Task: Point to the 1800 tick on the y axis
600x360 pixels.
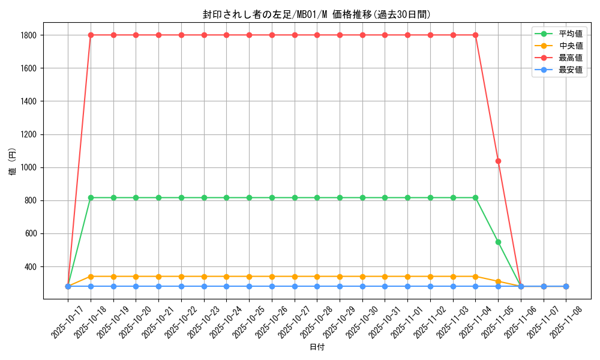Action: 28,35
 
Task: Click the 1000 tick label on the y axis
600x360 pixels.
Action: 28,167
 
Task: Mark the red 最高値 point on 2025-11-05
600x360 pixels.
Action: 498,161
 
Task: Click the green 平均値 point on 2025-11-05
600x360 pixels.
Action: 498,242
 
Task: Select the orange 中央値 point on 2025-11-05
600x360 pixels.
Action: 498,281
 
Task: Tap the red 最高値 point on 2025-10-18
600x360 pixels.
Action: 91,35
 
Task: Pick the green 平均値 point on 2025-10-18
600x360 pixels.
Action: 91,197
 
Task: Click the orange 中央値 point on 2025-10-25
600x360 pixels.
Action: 249,277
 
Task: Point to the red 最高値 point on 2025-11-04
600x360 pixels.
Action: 475,35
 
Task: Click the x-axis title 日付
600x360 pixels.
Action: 316,347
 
